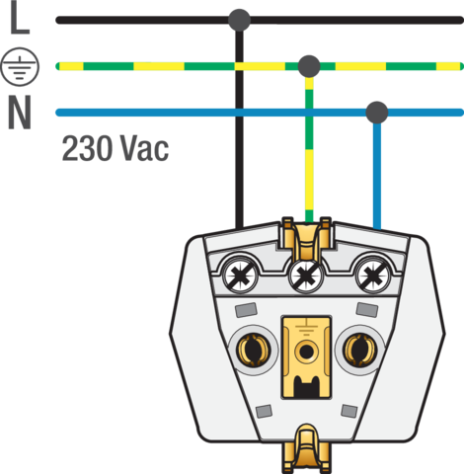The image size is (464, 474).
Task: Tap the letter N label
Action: click(20, 113)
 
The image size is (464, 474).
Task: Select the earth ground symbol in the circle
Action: click(20, 66)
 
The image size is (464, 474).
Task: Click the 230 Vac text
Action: click(116, 148)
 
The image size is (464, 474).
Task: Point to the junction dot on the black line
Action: click(239, 20)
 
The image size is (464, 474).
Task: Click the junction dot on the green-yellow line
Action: click(309, 66)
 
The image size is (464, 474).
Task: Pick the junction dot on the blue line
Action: click(377, 113)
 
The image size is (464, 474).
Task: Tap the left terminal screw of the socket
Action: click(240, 275)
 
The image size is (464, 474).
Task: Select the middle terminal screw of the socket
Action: click(306, 276)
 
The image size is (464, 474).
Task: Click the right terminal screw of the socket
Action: click(372, 275)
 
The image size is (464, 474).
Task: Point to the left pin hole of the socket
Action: click(254, 350)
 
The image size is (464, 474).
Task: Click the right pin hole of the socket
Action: click(359, 350)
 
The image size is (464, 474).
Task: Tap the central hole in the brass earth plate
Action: click(307, 352)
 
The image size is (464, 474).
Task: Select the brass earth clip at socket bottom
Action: click(307, 449)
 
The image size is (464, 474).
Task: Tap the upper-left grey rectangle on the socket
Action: click(246, 310)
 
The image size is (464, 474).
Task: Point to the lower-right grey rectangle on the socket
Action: click(349, 411)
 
